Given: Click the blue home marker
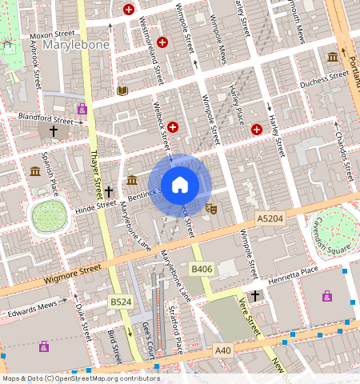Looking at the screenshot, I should [x=180, y=185].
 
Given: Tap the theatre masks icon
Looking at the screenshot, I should [x=212, y=208].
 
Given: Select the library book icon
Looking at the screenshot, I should [x=122, y=91].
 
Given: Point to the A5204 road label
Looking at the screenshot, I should [x=270, y=218].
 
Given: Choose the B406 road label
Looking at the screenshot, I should [x=202, y=270].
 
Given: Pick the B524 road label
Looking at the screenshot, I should [x=120, y=302].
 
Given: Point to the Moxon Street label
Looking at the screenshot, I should [x=50, y=36].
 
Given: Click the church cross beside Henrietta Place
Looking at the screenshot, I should [x=255, y=296].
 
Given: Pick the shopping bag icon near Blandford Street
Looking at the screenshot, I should [x=82, y=108].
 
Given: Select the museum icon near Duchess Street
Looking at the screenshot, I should [x=332, y=57].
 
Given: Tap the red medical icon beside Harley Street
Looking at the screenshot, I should [x=257, y=129].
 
